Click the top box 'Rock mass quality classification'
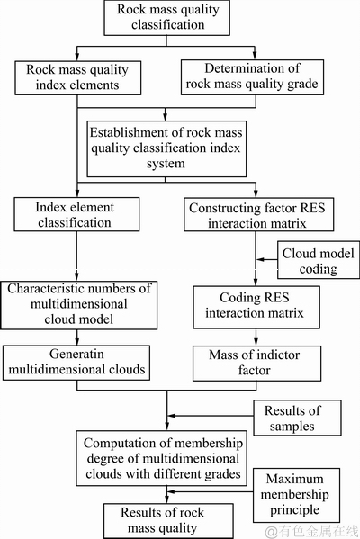167,17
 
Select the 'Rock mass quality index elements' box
77,78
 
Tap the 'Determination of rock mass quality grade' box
252,77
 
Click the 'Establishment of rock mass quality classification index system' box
166,148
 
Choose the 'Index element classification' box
76,214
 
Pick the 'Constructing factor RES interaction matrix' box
258,214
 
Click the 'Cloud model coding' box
319,260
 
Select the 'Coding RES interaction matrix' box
256,308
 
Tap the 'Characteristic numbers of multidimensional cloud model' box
78,305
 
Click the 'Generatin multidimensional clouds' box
76,363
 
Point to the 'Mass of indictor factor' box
256,364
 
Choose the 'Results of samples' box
297,418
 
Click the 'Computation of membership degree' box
162,458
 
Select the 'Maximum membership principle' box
296,495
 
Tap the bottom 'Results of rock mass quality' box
168,521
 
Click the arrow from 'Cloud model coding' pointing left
267,259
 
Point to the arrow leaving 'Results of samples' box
211,416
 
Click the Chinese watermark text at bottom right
312,531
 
